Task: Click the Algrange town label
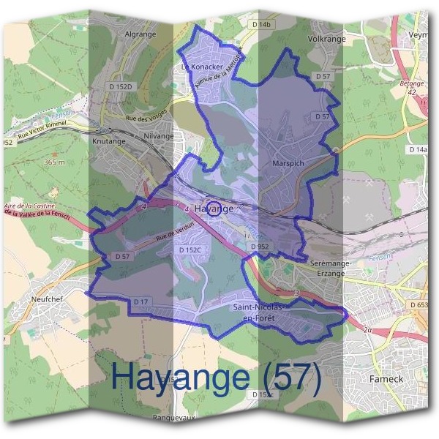pyautogui.click(x=142, y=34)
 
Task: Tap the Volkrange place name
pyautogui.click(x=326, y=38)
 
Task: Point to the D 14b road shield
pyautogui.click(x=261, y=25)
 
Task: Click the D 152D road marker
pyautogui.click(x=122, y=87)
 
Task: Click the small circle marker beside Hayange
pyautogui.click(x=213, y=208)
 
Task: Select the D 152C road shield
pyautogui.click(x=190, y=250)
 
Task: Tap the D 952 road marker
pyautogui.click(x=260, y=247)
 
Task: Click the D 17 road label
pyautogui.click(x=141, y=301)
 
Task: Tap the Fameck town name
pyautogui.click(x=387, y=379)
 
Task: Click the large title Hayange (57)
pyautogui.click(x=217, y=378)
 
